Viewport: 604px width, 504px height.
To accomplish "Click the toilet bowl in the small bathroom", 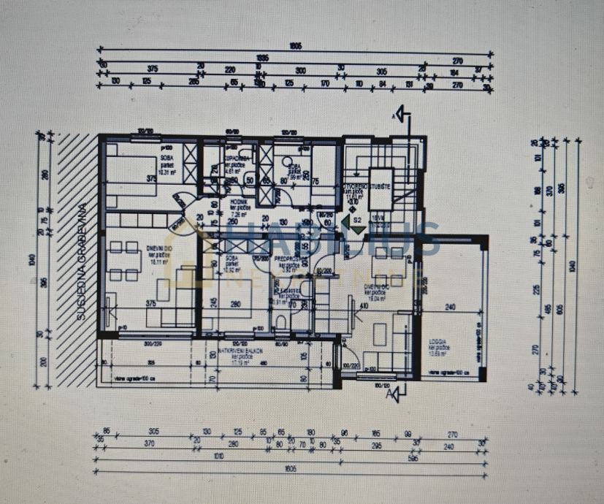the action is point(282,322).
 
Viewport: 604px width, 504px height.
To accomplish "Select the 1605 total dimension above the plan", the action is point(294,46).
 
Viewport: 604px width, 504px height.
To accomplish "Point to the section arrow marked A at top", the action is point(404,115).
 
